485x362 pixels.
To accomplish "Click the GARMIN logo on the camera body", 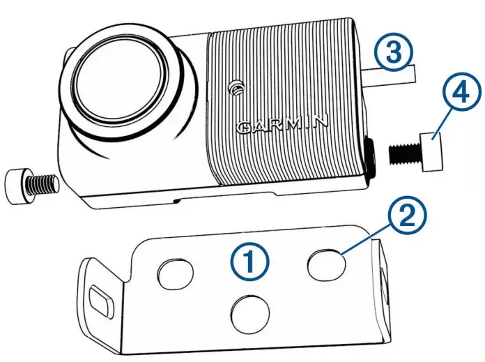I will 282,125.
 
